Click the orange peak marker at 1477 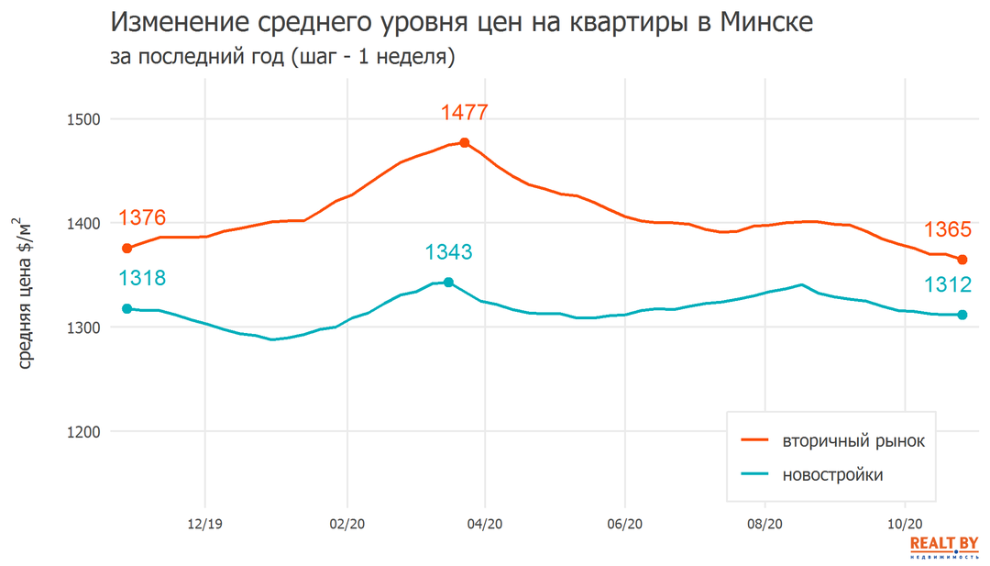[x=465, y=143]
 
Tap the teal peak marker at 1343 [x=448, y=283]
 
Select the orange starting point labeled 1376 [x=127, y=249]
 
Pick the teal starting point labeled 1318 [x=127, y=309]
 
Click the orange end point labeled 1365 [x=962, y=260]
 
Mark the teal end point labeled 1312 [x=962, y=315]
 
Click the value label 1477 [x=464, y=113]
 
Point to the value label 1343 [x=448, y=252]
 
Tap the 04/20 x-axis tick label [x=485, y=526]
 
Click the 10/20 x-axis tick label [x=905, y=526]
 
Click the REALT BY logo [x=944, y=548]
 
